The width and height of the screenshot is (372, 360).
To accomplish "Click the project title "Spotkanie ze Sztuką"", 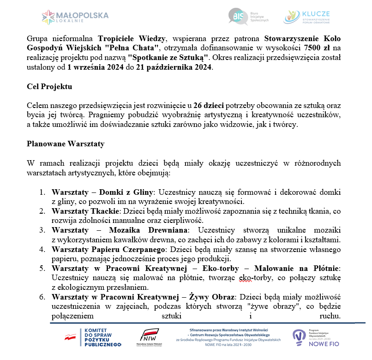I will point(169,57).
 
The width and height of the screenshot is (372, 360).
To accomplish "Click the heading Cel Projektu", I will point(50,87).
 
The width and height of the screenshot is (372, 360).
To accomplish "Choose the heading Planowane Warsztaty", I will point(66,144).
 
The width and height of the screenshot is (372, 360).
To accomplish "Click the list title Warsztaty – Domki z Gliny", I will point(102,192).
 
